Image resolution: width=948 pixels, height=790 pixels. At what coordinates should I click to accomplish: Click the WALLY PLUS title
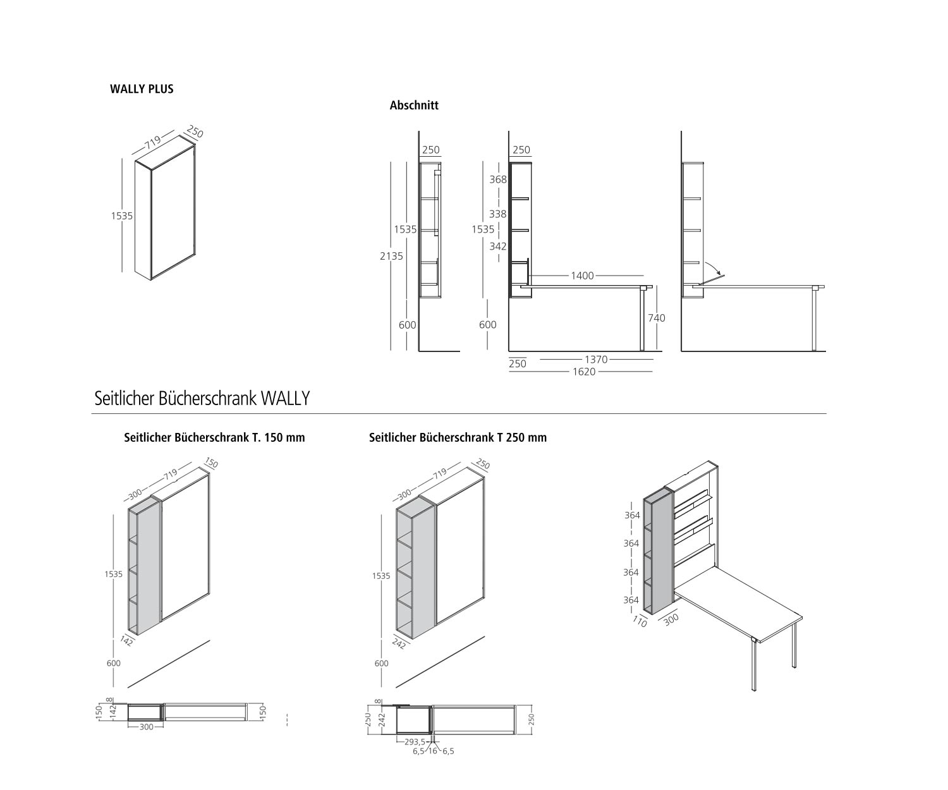(x=142, y=89)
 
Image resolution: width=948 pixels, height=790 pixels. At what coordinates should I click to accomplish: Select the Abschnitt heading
(x=414, y=106)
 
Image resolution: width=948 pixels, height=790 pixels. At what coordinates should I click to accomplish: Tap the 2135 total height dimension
(x=392, y=256)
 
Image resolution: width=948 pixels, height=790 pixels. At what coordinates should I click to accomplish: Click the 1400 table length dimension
(x=582, y=276)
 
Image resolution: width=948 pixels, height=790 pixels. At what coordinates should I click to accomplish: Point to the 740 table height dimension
(x=657, y=318)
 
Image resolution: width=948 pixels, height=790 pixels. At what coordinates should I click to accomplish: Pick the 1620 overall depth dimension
(x=584, y=372)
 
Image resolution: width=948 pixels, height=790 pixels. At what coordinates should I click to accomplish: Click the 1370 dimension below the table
(x=595, y=360)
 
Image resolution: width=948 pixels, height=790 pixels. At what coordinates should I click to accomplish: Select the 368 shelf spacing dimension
(x=498, y=179)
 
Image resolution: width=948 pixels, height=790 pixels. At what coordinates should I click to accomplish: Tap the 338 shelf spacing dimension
(x=498, y=214)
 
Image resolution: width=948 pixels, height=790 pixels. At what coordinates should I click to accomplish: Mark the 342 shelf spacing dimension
(x=498, y=246)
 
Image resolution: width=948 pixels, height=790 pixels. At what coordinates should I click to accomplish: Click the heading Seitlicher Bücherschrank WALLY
(x=202, y=399)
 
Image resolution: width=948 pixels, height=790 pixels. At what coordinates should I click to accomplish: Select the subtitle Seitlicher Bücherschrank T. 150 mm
(x=214, y=437)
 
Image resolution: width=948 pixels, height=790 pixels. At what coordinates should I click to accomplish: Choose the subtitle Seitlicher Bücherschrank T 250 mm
(x=458, y=437)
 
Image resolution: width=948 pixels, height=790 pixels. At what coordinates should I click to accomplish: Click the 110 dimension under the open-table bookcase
(x=640, y=622)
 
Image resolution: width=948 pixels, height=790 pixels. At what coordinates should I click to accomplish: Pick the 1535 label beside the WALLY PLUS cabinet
(x=122, y=216)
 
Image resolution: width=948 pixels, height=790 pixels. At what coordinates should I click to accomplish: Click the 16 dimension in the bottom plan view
(x=432, y=751)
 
